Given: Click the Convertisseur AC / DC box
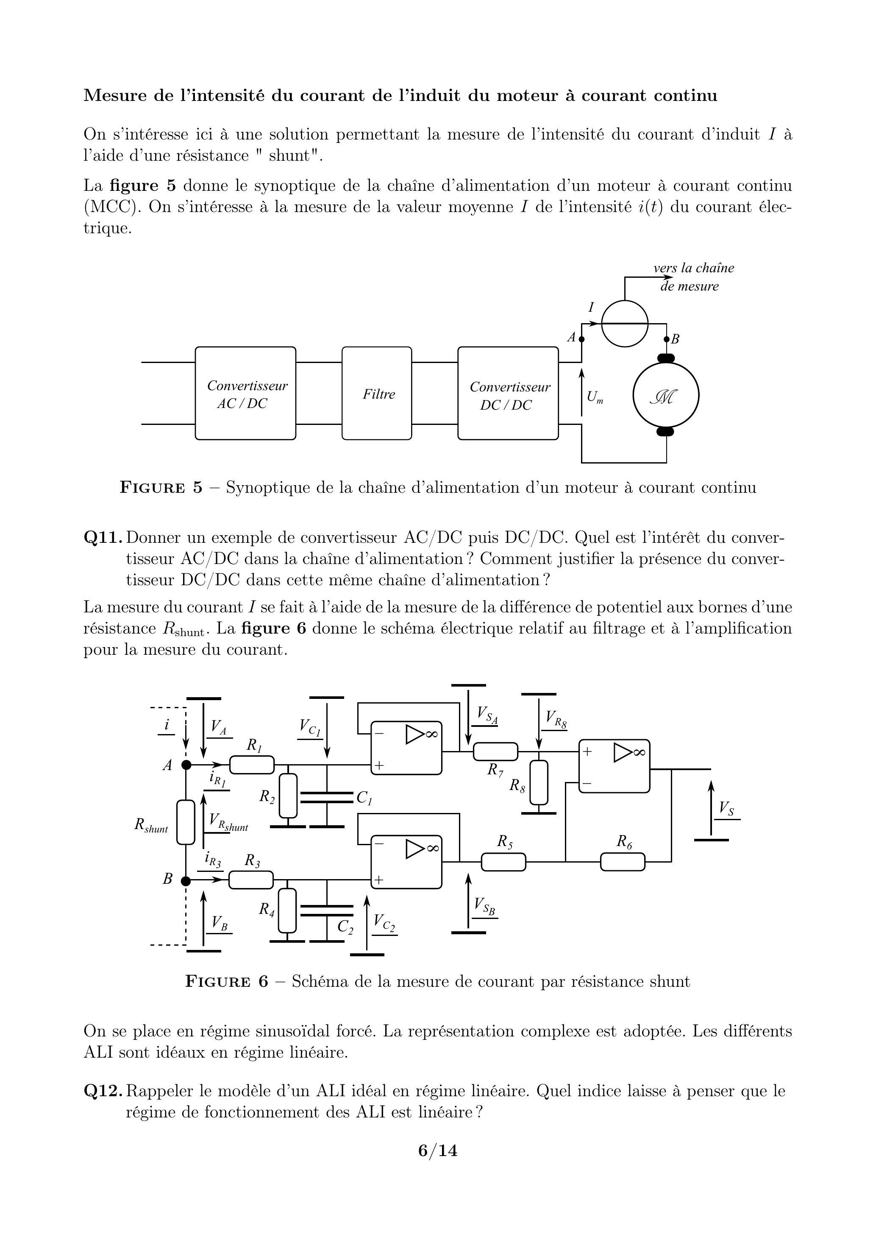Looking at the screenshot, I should (x=245, y=393).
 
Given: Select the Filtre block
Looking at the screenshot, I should (x=377, y=393).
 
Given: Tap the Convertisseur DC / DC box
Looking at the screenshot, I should (x=508, y=393).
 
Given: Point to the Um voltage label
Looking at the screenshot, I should (x=595, y=397).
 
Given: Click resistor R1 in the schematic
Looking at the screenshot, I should (x=252, y=765).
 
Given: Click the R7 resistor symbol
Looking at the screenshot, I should (x=495, y=751).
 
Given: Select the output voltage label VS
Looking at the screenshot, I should (x=726, y=808).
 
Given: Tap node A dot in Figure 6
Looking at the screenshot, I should (x=186, y=765).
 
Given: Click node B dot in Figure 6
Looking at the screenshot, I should (x=186, y=881).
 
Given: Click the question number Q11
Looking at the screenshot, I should (x=104, y=537).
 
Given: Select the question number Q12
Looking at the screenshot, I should (x=104, y=1091).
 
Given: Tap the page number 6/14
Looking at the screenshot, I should (x=438, y=1151).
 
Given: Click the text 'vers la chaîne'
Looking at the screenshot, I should (x=693, y=268).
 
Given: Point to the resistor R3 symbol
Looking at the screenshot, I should (x=251, y=880).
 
